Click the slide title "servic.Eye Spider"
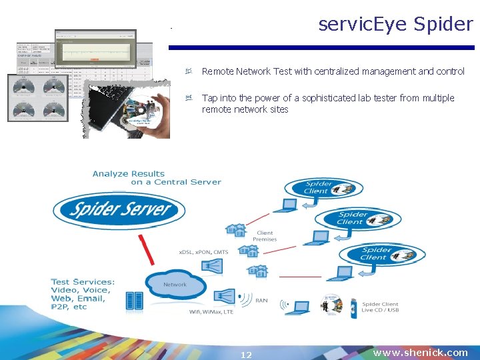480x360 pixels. click(x=395, y=25)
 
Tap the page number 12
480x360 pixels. click(x=246, y=355)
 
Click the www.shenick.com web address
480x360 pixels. click(x=420, y=353)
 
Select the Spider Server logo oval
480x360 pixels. click(x=121, y=209)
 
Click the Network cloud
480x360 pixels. click(x=175, y=285)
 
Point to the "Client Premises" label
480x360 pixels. click(x=265, y=236)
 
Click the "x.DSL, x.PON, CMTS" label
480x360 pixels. click(x=203, y=252)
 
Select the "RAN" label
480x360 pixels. click(x=261, y=301)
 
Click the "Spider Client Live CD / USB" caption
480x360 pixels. click(x=380, y=307)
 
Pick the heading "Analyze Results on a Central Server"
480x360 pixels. click(x=157, y=178)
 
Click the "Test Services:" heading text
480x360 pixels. click(x=83, y=282)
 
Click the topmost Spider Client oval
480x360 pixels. click(x=317, y=188)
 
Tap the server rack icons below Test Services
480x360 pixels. click(x=134, y=302)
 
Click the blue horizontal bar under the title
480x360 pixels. click(x=321, y=48)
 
